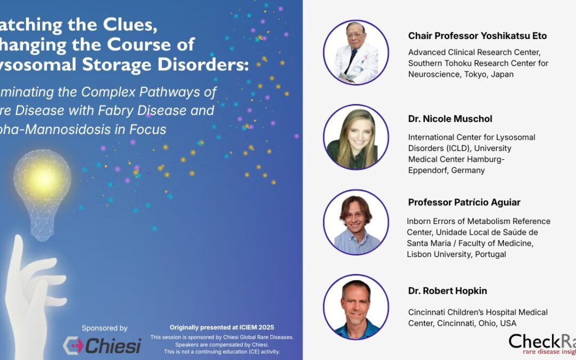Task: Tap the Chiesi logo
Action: click(x=102, y=345)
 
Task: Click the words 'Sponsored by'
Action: click(x=105, y=328)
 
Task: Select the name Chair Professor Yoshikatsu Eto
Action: click(x=477, y=36)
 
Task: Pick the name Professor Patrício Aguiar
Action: click(x=464, y=203)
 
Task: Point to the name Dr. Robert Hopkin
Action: click(x=447, y=291)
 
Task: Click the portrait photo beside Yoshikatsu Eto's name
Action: click(x=356, y=52)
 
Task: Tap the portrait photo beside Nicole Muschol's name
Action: click(x=356, y=138)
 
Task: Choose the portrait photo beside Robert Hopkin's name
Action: click(x=356, y=307)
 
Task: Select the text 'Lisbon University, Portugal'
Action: click(x=457, y=254)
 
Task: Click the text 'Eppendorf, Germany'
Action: click(x=446, y=171)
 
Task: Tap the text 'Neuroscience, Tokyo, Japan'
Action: click(x=461, y=75)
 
